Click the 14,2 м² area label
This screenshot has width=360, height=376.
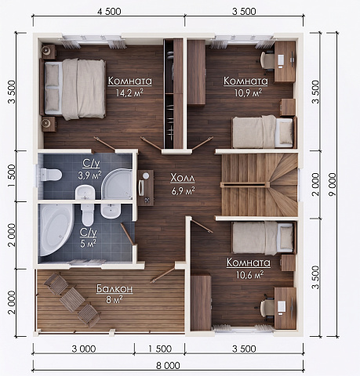point(129,92)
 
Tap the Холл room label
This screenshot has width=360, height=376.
point(183,179)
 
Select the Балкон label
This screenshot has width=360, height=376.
point(115,289)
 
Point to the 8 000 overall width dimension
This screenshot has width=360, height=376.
point(168,365)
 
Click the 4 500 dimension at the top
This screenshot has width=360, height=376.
point(109,11)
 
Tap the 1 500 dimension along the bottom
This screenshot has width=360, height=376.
point(160,349)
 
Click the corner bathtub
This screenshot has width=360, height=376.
point(56,229)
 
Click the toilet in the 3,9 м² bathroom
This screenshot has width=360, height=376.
point(51,175)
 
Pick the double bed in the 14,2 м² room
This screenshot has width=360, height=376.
point(73,89)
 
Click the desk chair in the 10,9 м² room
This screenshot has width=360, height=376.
point(267,60)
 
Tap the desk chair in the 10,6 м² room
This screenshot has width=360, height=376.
point(267,307)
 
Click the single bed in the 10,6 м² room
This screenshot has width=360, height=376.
point(264,238)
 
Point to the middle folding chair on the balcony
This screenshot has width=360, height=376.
point(72,299)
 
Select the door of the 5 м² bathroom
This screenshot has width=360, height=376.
point(128,234)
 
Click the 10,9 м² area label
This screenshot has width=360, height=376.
point(248,92)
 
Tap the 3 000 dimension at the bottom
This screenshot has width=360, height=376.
point(84,349)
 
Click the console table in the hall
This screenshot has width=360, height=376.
point(146,188)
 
